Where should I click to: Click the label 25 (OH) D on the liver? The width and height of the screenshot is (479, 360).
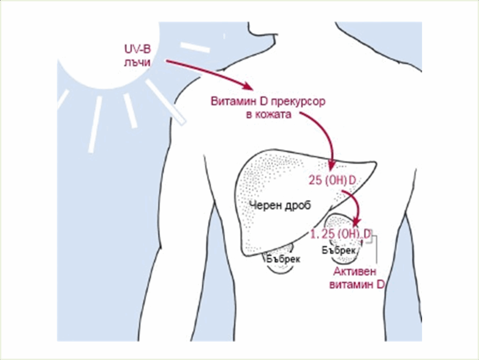[x=333, y=181]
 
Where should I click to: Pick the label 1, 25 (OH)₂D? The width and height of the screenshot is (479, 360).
[x=341, y=234]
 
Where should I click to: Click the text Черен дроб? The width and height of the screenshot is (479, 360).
[x=280, y=205]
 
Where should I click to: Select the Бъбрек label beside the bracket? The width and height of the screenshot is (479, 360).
[x=339, y=250]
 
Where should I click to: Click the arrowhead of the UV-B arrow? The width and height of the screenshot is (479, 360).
[x=247, y=87]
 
